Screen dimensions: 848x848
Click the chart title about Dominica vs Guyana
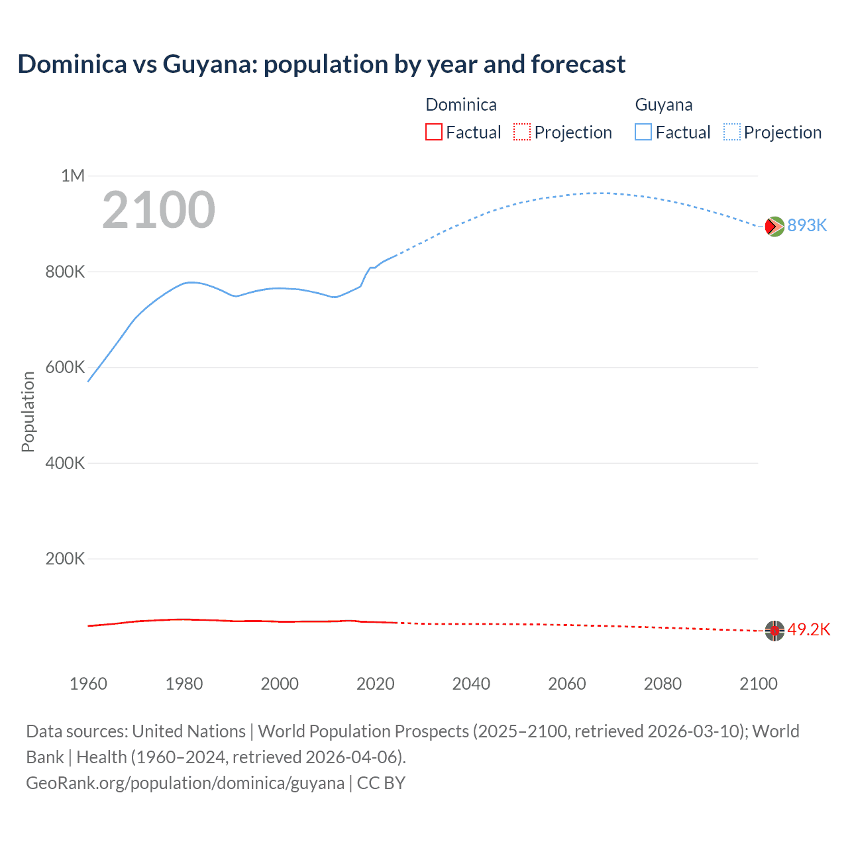coord(321,64)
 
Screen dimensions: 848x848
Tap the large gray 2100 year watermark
coord(158,210)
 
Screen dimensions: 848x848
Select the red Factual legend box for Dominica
coord(433,132)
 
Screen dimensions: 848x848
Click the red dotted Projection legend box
coord(522,132)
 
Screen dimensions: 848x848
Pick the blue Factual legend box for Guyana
coord(643,132)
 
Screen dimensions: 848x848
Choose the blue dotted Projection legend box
coord(732,132)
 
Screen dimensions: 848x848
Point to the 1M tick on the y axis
coord(73,176)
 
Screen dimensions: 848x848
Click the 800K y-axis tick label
coord(65,272)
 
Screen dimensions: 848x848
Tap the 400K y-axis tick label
coord(65,463)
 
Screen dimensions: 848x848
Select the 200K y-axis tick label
coord(65,558)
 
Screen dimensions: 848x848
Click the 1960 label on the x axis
coord(88,684)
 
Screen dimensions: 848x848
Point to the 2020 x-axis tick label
coord(376,684)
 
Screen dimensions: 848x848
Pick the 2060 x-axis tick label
coord(567,684)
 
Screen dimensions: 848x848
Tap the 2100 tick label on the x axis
coord(759,684)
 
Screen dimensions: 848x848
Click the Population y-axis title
coord(28,411)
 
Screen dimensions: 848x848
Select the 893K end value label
coord(807,226)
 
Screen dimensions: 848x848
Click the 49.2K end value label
coord(808,629)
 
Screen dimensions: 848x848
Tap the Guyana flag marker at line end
coord(774,227)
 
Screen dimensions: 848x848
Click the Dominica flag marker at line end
coord(774,631)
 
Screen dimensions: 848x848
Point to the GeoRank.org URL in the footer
coord(185,783)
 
